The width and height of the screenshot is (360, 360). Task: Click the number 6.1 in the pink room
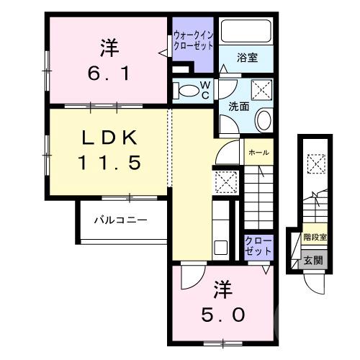pos(109,73)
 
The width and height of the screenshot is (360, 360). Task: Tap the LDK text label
pos(108,138)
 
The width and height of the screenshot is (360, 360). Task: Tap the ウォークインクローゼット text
pos(193,40)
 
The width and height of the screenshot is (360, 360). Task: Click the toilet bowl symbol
pos(189,91)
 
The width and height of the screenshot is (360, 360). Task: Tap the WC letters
pos(205,91)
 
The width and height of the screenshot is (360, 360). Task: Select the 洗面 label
pos(239,106)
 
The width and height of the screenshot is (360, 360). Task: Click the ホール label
pos(258,152)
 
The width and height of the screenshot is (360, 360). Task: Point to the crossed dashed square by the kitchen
pos(226,183)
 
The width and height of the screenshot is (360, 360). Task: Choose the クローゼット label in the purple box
pos(258,245)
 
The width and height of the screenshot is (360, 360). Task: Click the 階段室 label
pos(314,236)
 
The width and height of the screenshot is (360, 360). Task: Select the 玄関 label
pos(310,261)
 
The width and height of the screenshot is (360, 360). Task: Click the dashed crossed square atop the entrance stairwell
pos(314,164)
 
